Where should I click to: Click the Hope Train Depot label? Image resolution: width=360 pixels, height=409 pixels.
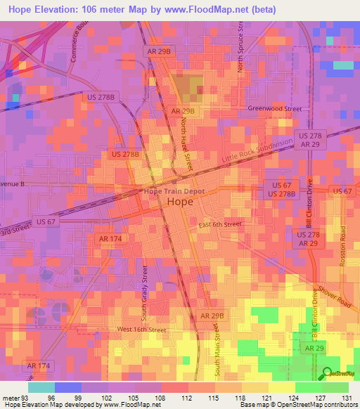click(174, 190)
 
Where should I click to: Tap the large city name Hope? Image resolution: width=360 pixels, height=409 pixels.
click(179, 202)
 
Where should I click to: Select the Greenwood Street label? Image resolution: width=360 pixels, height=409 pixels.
click(274, 109)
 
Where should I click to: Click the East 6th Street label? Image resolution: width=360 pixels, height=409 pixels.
click(219, 224)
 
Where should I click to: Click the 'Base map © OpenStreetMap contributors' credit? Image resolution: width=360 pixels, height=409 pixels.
click(298, 405)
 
